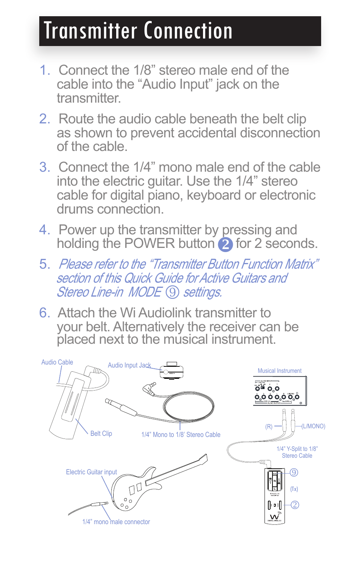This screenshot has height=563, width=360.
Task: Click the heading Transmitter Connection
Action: (x=138, y=31)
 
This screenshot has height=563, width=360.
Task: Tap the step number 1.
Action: (x=45, y=70)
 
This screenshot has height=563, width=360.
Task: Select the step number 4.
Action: (x=45, y=230)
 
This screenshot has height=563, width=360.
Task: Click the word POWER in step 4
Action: (x=150, y=244)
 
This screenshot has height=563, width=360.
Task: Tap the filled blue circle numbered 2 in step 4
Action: (x=225, y=245)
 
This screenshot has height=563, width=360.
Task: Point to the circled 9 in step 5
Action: (x=172, y=292)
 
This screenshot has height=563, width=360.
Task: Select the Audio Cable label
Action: (x=57, y=362)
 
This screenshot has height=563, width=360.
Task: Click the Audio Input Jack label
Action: (x=129, y=365)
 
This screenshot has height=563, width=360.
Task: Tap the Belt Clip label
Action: (x=101, y=434)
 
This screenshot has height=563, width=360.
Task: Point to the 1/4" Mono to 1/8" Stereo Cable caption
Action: (x=181, y=435)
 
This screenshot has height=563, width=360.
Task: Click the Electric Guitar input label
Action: (x=91, y=472)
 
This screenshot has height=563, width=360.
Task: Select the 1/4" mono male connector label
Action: (x=116, y=522)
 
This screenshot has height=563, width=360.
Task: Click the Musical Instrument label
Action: (x=279, y=371)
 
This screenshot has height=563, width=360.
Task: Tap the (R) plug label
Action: (x=269, y=426)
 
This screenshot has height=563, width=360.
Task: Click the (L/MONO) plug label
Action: (x=313, y=426)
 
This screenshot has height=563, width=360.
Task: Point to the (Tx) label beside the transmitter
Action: (x=294, y=489)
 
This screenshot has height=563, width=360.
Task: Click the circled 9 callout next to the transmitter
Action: (x=294, y=472)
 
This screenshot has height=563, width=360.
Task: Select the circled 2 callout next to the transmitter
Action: (x=295, y=505)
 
